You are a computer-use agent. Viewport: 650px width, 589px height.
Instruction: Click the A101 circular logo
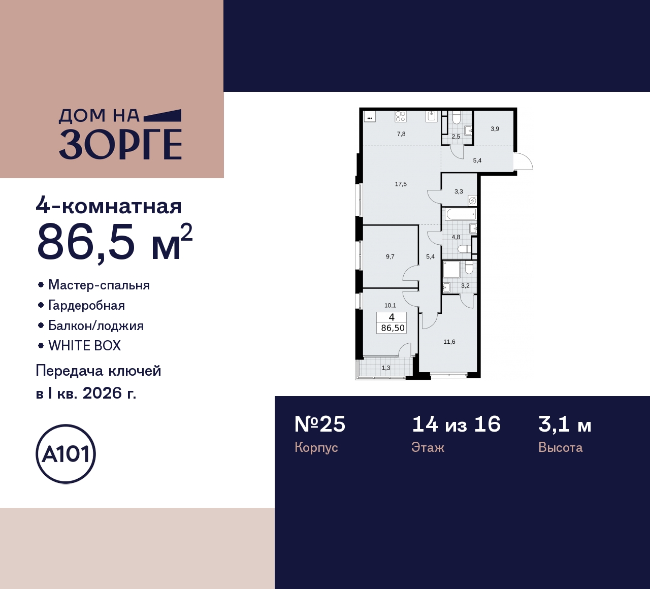pos(66,454)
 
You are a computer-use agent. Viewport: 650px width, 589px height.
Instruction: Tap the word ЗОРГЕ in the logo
pos(120,145)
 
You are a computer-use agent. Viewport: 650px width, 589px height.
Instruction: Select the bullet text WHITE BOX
pos(84,346)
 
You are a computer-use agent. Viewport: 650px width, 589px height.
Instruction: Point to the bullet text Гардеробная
pos(86,305)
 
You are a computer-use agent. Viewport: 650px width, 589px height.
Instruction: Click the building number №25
pos(320,424)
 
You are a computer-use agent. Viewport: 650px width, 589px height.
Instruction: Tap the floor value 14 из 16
pos(456,424)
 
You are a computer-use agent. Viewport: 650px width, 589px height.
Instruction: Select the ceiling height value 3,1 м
pos(565,424)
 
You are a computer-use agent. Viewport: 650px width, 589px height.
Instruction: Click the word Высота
pos(560,448)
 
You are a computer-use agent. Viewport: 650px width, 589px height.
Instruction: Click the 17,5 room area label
pos(401,184)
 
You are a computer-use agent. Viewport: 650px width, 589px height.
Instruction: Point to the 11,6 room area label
pos(449,342)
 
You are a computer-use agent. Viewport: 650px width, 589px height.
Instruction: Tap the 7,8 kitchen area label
pos(401,134)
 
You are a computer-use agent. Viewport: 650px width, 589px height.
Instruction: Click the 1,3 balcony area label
pos(386,368)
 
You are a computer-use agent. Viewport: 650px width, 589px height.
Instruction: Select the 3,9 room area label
pos(495,129)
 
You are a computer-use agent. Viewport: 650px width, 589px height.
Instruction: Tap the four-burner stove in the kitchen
pos(400,117)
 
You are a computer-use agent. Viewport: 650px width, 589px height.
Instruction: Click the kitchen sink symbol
pos(432,117)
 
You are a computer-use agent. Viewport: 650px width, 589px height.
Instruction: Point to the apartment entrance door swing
pos(523,161)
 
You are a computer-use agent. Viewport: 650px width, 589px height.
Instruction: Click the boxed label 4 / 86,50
pos(392,322)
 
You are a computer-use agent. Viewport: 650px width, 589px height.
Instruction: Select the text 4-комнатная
pos(109,207)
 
